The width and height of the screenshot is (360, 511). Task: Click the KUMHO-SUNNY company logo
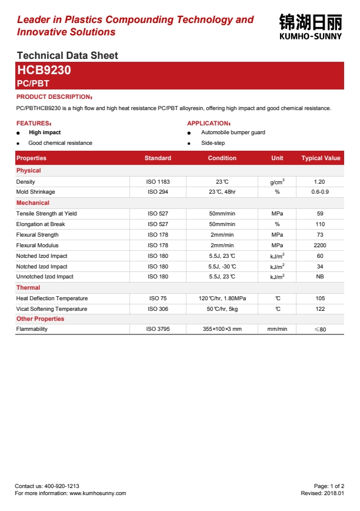click(x=310, y=26)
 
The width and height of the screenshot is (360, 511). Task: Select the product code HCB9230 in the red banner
click(x=44, y=71)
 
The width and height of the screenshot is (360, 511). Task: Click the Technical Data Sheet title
click(x=68, y=55)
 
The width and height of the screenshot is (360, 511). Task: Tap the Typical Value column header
click(x=321, y=158)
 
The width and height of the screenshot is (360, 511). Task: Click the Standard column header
click(x=158, y=158)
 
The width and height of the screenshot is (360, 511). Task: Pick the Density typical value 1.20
click(x=320, y=182)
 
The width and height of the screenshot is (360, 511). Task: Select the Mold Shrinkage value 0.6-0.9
click(x=320, y=192)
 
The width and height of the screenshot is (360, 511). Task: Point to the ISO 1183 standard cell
click(x=158, y=182)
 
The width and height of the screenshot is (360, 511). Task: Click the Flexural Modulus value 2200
click(x=320, y=245)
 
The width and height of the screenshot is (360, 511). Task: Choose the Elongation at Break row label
click(x=41, y=224)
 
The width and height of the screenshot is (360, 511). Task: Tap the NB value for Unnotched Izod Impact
click(x=320, y=277)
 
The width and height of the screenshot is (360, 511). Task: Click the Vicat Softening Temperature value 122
click(x=320, y=309)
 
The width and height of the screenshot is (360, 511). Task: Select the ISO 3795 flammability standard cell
click(x=158, y=329)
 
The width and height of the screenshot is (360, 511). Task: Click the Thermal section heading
click(x=28, y=288)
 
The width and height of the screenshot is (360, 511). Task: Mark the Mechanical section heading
click(x=33, y=203)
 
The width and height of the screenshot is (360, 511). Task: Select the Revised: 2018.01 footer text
click(x=322, y=493)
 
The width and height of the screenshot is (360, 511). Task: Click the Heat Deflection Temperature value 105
click(x=320, y=298)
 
